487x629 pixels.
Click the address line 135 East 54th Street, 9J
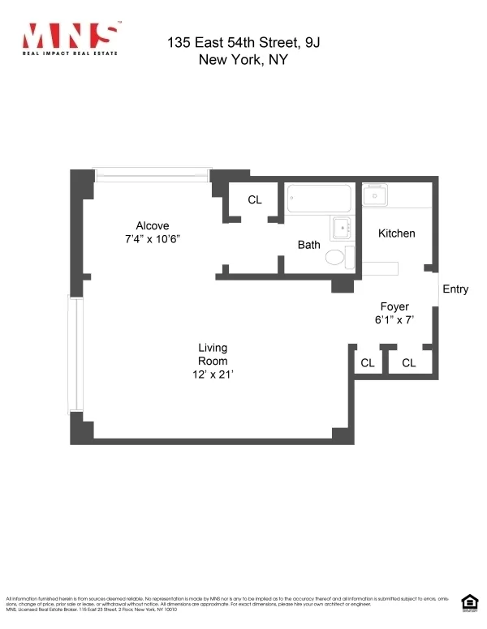[249, 42]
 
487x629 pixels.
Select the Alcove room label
[152, 225]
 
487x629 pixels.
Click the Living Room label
[213, 354]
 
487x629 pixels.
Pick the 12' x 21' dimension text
[213, 374]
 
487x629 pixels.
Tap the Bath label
[308, 244]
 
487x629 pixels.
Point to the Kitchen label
[397, 233]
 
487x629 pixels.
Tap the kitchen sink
[375, 195]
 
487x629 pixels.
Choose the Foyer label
[394, 306]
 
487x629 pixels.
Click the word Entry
[455, 289]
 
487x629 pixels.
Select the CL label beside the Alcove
[255, 199]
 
